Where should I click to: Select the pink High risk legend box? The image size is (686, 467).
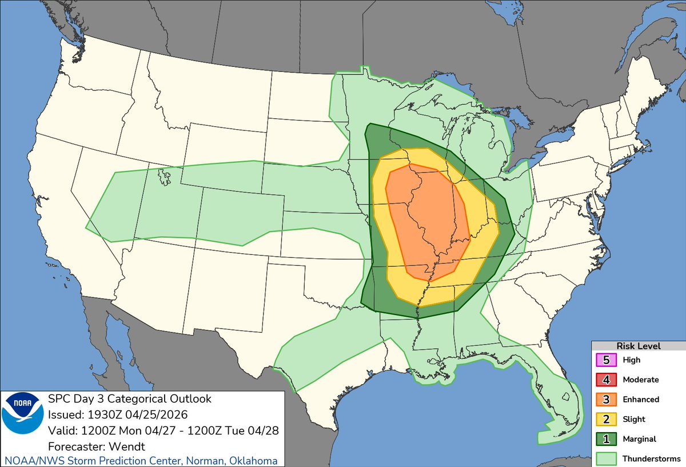click(606, 360)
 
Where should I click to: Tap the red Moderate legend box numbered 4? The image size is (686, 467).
click(606, 380)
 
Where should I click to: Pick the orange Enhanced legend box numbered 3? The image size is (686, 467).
click(606, 399)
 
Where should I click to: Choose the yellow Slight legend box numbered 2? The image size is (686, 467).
click(606, 419)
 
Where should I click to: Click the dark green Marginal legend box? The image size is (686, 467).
click(606, 439)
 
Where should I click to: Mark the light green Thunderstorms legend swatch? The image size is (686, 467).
click(606, 458)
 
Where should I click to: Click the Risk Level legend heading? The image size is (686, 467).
click(638, 346)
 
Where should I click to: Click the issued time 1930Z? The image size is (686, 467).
click(98, 414)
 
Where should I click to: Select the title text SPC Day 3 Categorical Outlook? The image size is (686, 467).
click(130, 398)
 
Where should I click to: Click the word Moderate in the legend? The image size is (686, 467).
click(641, 380)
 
